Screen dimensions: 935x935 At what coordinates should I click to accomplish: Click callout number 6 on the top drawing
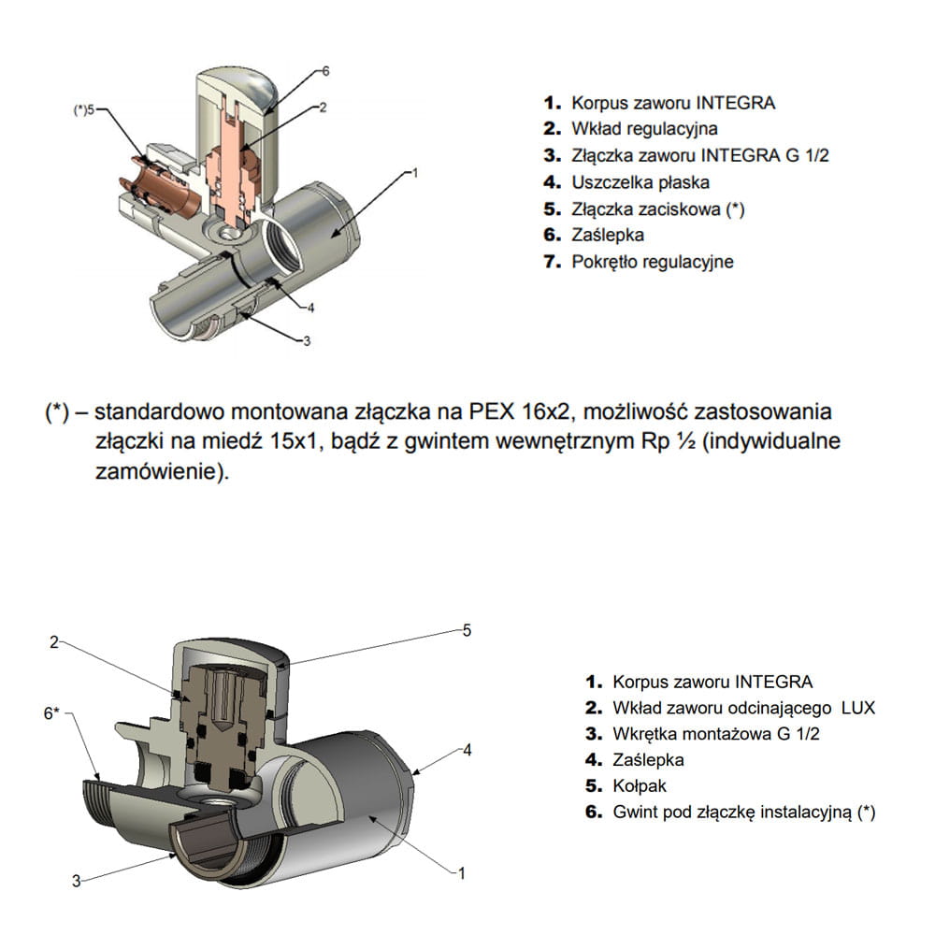tap(325, 70)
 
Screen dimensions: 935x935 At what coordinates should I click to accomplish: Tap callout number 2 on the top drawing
tap(323, 108)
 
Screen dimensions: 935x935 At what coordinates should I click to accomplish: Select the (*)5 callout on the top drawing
tap(84, 109)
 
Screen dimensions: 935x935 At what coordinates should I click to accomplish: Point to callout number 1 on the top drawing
tap(412, 172)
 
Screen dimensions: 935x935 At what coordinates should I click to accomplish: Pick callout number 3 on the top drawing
tap(306, 341)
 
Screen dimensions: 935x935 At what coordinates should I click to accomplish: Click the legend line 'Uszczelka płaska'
tap(640, 182)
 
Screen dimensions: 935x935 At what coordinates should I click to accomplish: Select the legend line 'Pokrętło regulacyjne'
tap(652, 262)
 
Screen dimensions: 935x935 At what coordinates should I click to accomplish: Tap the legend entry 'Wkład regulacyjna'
tap(643, 129)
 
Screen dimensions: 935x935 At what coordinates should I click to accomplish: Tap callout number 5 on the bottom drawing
tap(467, 630)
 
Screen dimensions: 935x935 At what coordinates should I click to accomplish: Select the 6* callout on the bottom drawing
tap(51, 713)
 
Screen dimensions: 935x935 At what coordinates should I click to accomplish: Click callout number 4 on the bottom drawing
tap(467, 750)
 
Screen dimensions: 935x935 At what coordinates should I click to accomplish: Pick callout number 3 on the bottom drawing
tap(78, 880)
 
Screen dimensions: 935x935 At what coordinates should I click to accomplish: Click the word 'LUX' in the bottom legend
tap(857, 708)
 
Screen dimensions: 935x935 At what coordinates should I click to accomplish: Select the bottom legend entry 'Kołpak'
tap(641, 786)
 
